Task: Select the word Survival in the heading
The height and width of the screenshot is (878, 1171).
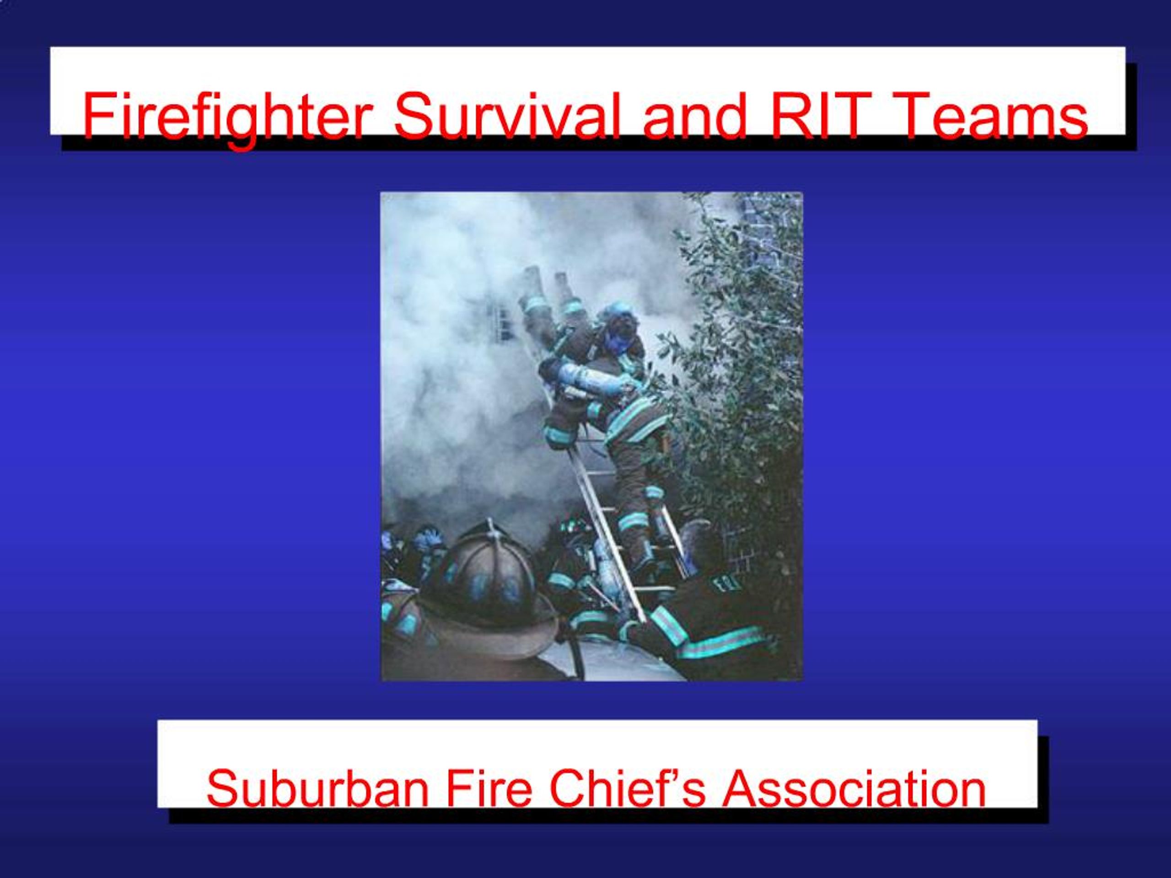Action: (x=505, y=115)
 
